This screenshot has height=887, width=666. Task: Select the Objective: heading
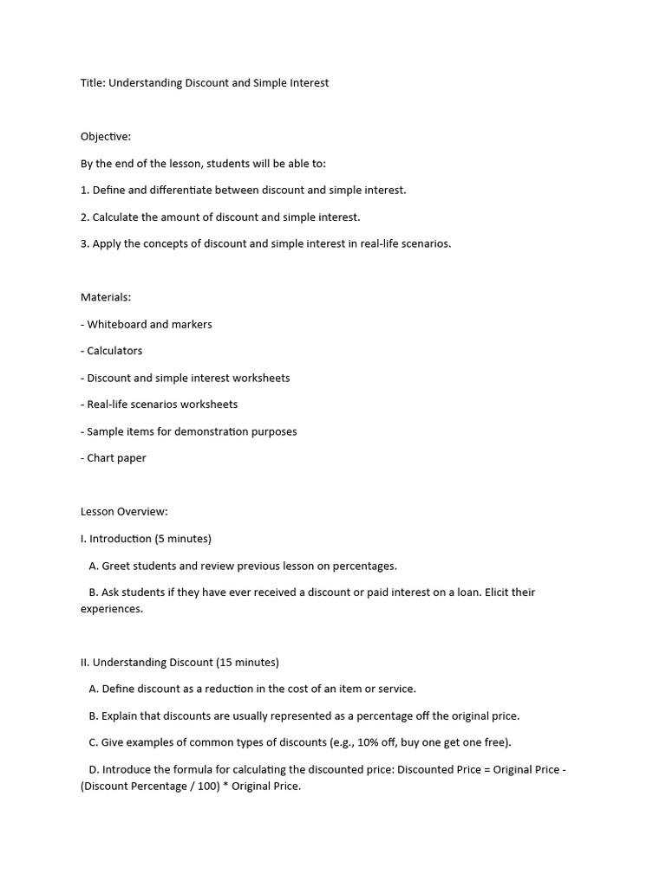[x=106, y=137]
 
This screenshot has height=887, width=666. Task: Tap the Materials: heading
[x=106, y=297]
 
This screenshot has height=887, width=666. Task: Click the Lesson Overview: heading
[x=124, y=512]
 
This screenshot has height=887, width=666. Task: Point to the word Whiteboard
[x=116, y=324]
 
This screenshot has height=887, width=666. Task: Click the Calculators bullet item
[x=114, y=351]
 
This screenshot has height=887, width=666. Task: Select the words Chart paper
[x=116, y=458]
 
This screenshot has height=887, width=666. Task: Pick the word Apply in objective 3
[x=106, y=243]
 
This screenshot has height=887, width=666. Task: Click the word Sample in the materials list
[x=105, y=431]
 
